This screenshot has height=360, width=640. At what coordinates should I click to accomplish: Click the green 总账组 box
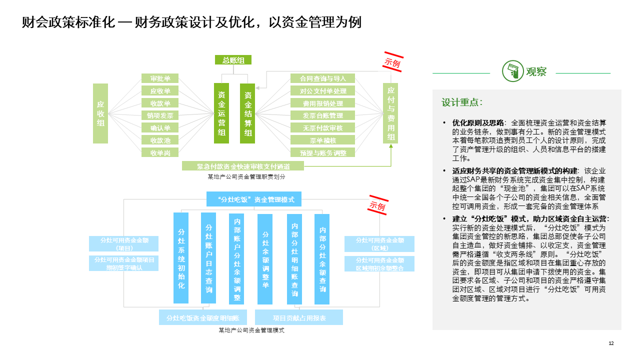point(233,60)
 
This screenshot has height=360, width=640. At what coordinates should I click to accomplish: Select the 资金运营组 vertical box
point(221,113)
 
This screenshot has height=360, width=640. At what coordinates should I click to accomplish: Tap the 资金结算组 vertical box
point(247,113)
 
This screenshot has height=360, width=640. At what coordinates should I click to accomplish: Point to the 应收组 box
point(100,113)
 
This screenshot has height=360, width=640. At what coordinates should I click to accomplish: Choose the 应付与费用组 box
point(390,113)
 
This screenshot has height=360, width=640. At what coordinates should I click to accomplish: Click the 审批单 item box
point(160,78)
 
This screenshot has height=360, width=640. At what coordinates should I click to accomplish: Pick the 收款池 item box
point(160,140)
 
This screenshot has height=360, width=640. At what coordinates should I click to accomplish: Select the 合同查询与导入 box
point(322,78)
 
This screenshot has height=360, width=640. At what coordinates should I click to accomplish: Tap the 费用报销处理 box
point(322,103)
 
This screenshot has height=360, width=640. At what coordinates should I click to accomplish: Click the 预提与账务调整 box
point(322,152)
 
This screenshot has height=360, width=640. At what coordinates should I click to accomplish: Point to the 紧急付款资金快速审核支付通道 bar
point(243,166)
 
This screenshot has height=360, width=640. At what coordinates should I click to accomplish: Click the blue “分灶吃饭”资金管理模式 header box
point(254,199)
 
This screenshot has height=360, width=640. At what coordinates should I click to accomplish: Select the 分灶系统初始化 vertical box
point(181,258)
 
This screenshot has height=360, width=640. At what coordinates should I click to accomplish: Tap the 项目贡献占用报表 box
point(299,317)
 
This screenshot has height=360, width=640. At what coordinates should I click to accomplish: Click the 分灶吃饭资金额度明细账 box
point(203,317)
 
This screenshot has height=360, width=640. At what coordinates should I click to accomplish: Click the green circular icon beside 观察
point(512,71)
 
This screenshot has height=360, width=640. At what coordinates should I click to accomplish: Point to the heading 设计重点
point(461,102)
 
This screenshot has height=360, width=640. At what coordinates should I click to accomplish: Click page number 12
point(611,343)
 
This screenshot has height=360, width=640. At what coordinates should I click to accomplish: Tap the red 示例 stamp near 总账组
point(392,62)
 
